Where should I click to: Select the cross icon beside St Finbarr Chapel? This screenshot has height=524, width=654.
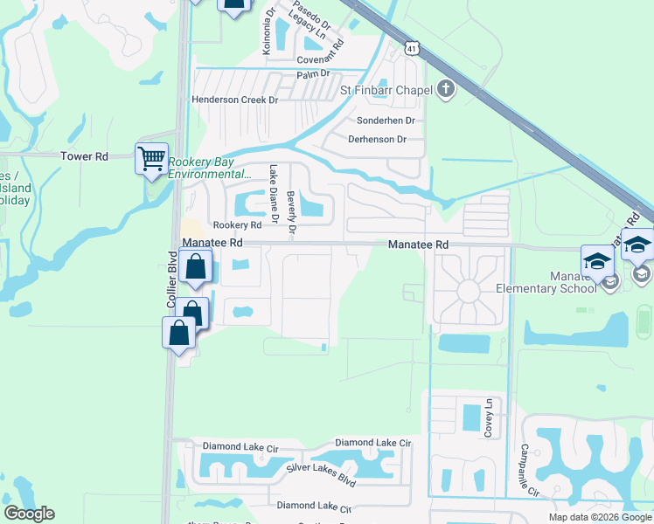point(446,89)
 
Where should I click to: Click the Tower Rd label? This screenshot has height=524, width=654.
point(84,156)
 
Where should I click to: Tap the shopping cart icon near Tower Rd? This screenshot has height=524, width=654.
point(151,159)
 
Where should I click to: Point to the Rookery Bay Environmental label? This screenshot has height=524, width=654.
point(210,169)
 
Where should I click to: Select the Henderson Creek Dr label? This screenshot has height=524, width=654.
point(234,100)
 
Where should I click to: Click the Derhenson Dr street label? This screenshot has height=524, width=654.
point(377,139)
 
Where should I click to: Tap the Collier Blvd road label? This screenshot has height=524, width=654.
point(171,279)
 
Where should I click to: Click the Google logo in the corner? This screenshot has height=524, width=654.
point(29,514)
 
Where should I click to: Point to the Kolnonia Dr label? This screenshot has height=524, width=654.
point(268,31)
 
